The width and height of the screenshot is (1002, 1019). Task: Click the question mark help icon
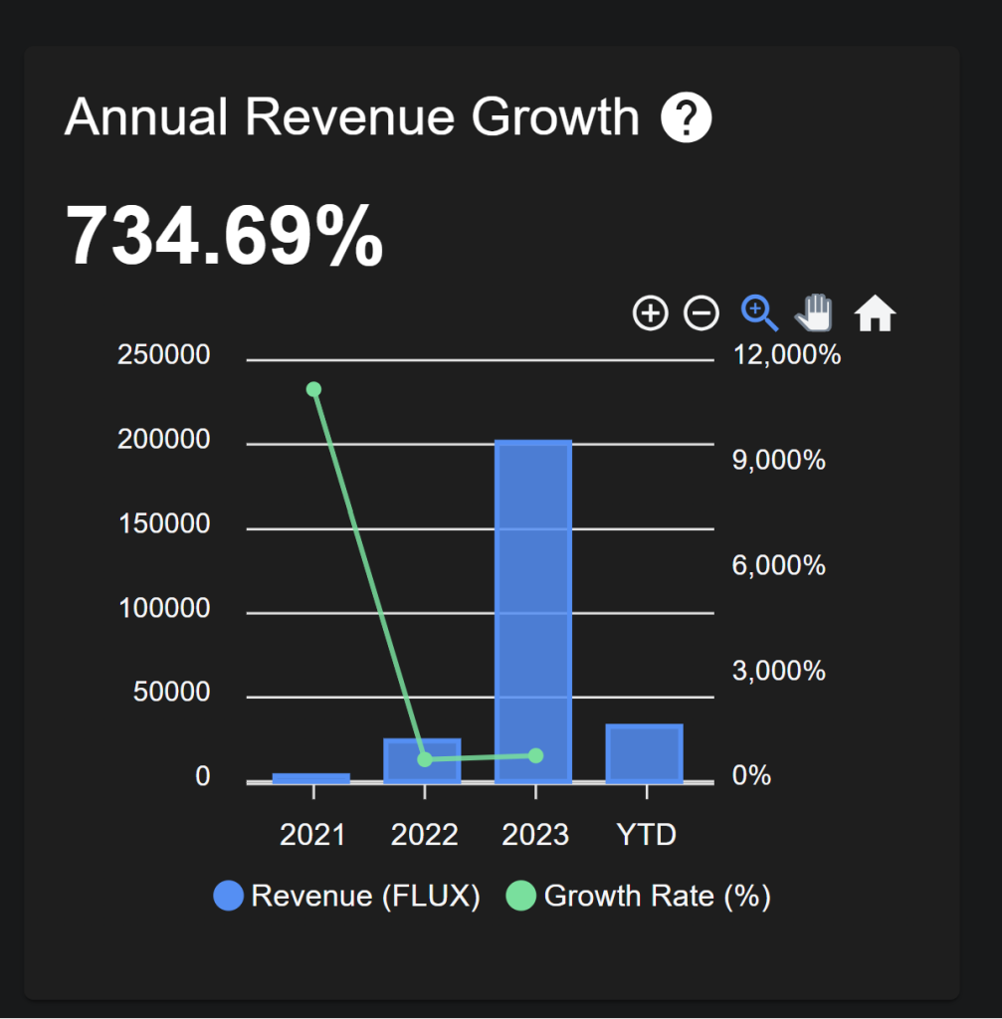point(687,119)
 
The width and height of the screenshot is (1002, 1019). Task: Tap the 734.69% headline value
point(224,236)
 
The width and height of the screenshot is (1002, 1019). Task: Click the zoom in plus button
point(650,313)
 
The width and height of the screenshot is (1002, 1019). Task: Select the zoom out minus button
point(701,313)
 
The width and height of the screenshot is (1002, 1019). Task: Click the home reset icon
point(876,313)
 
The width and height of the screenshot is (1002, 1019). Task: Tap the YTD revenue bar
point(645,753)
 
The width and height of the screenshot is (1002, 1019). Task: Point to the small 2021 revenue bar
point(311,778)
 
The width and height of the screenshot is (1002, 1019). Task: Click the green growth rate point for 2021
point(313,389)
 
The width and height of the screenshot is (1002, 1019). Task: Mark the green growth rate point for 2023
point(535,755)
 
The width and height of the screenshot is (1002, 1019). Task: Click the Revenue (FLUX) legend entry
point(347,896)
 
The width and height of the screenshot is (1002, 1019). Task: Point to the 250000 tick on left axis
point(164,354)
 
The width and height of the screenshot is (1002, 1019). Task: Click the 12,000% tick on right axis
point(786,354)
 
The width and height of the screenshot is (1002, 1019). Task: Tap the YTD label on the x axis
point(647,834)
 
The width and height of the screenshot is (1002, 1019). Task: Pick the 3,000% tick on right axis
point(779,671)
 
